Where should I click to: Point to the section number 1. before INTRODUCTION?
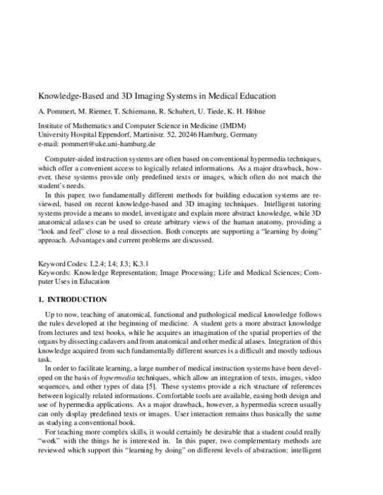pos(42,299)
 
